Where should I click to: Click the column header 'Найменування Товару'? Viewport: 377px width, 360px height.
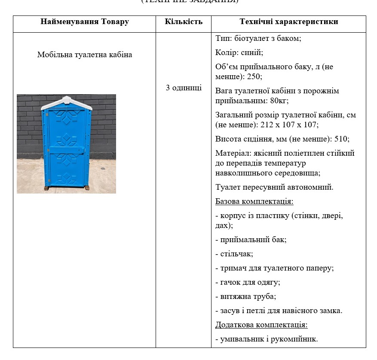84,22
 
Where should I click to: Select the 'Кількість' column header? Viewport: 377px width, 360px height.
184,22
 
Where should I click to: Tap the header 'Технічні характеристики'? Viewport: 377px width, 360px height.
288,22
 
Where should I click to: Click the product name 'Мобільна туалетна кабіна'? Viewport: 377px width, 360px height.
85,55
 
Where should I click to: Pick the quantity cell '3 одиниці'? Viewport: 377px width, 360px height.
184,88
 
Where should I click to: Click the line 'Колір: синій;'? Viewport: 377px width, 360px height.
239,52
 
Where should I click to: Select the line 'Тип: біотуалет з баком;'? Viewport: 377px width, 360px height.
258,38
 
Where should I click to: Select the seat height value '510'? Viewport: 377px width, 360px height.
341,139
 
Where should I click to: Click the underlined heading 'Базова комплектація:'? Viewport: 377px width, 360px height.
254,202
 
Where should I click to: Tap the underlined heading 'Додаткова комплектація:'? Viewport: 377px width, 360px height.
261,325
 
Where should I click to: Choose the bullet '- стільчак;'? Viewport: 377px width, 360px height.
234,254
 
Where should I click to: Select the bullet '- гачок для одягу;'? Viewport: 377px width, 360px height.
247,282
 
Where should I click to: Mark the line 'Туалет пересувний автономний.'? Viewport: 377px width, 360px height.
274,187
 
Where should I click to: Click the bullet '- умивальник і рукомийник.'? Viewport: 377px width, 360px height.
266,339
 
